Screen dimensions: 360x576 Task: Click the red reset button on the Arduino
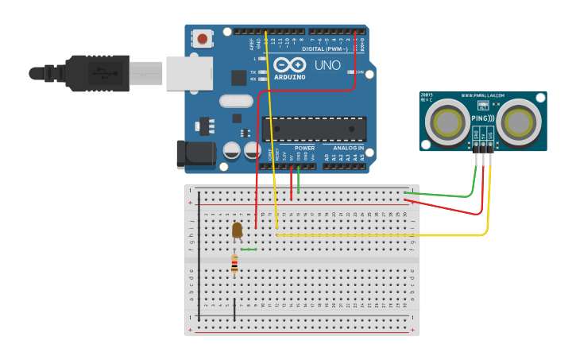pyautogui.click(x=203, y=38)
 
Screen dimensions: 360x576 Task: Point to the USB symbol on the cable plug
pyautogui.click(x=101, y=72)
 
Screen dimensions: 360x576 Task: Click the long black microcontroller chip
pyautogui.click(x=314, y=129)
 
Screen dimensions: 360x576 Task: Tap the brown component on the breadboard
pyautogui.click(x=237, y=230)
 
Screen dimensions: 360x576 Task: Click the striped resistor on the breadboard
pyautogui.click(x=234, y=263)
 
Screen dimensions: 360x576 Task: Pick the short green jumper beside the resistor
pyautogui.click(x=249, y=250)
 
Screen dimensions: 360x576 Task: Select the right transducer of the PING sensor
pyautogui.click(x=520, y=122)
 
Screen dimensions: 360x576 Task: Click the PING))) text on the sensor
pyautogui.click(x=482, y=119)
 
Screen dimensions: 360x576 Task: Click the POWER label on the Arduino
pyautogui.click(x=304, y=148)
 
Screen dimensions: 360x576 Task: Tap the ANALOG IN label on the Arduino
pyautogui.click(x=348, y=148)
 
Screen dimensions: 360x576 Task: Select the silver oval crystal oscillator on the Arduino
pyautogui.click(x=236, y=101)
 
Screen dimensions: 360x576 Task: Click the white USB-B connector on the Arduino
pyautogui.click(x=189, y=72)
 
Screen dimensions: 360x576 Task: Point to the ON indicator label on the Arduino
pyautogui.click(x=359, y=72)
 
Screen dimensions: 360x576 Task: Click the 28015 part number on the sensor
pyautogui.click(x=427, y=95)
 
